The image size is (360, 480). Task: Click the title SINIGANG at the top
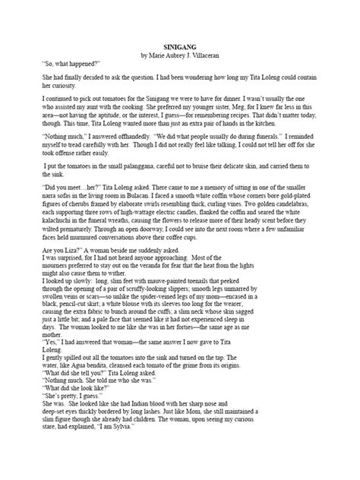pos(179,46)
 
